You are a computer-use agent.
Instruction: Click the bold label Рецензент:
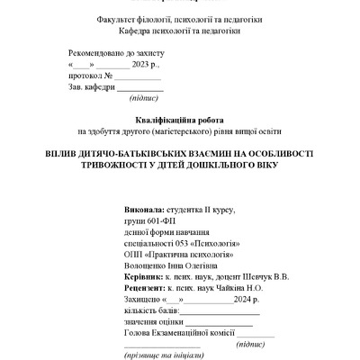[148, 288]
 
